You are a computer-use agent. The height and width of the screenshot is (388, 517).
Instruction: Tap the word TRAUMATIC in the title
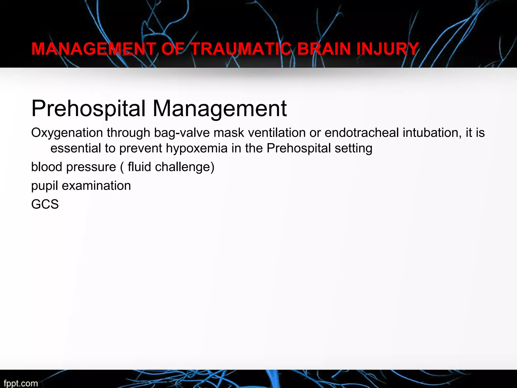(241, 49)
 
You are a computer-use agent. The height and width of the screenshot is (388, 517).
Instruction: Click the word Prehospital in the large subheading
(88, 109)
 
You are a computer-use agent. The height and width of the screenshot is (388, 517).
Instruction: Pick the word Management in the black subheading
(220, 109)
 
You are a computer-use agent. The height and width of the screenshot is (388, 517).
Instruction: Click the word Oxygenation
(67, 133)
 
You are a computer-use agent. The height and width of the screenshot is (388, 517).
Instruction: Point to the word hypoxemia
(197, 148)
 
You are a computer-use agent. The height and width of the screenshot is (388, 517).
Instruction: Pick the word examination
(96, 186)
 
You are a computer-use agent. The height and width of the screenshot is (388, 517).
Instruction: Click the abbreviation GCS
(45, 204)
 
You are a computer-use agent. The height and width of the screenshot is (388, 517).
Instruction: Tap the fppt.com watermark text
(21, 383)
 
